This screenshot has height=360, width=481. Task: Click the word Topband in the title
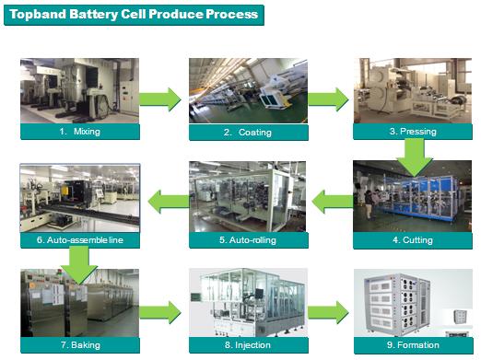[x=38, y=14]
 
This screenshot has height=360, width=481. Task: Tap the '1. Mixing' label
[x=80, y=132]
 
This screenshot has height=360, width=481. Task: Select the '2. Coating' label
[x=248, y=133]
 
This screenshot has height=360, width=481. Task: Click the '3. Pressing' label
[x=413, y=132]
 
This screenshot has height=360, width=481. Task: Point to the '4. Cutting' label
[x=413, y=240]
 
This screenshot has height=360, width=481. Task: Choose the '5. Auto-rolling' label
[x=248, y=240]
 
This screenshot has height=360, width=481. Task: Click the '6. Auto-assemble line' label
[x=80, y=240]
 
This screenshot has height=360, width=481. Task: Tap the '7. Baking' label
[x=80, y=345]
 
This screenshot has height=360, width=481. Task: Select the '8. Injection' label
[x=248, y=345]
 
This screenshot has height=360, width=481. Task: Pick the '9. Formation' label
[x=413, y=345]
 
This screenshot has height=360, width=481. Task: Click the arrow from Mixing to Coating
[x=160, y=99]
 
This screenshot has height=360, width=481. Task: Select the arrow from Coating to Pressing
[x=328, y=99]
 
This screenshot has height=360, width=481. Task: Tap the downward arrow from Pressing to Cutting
[x=415, y=157]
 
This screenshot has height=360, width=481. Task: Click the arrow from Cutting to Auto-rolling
[x=333, y=202]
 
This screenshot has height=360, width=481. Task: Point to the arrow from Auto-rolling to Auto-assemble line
[x=169, y=202]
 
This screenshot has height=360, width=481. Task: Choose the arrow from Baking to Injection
[x=160, y=312]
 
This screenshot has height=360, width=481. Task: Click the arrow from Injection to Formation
[x=328, y=312]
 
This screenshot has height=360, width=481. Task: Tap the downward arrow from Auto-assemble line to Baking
[x=79, y=265]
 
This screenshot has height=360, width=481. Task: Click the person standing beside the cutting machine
[x=370, y=204]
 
